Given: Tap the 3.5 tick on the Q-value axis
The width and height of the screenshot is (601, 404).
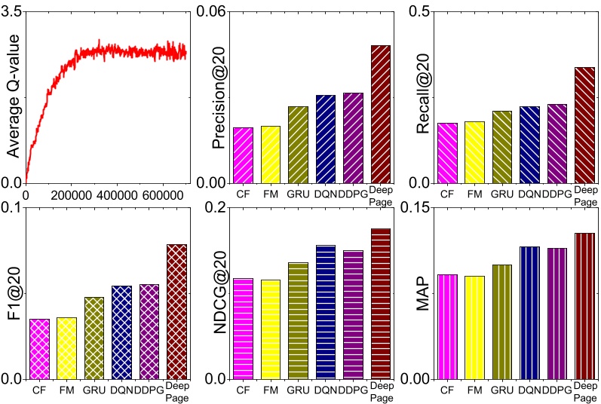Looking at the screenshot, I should [x=13, y=11].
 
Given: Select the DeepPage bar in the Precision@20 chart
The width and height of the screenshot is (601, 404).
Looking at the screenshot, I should [x=381, y=114].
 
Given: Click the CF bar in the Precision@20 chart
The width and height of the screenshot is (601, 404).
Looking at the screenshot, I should [x=243, y=155].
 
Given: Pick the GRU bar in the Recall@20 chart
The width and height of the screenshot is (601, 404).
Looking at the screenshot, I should [x=501, y=146].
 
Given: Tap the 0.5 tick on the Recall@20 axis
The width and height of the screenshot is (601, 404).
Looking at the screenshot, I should [x=419, y=11].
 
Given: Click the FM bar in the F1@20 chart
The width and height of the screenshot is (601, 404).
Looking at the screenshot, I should [x=66, y=347].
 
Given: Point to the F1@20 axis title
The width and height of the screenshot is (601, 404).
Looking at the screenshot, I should [x=13, y=293].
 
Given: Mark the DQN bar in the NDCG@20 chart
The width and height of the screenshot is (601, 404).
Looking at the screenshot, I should [x=326, y=311].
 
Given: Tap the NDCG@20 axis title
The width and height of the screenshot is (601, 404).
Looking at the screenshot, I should [x=219, y=293].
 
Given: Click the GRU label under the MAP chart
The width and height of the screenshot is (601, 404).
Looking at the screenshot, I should [x=501, y=390].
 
